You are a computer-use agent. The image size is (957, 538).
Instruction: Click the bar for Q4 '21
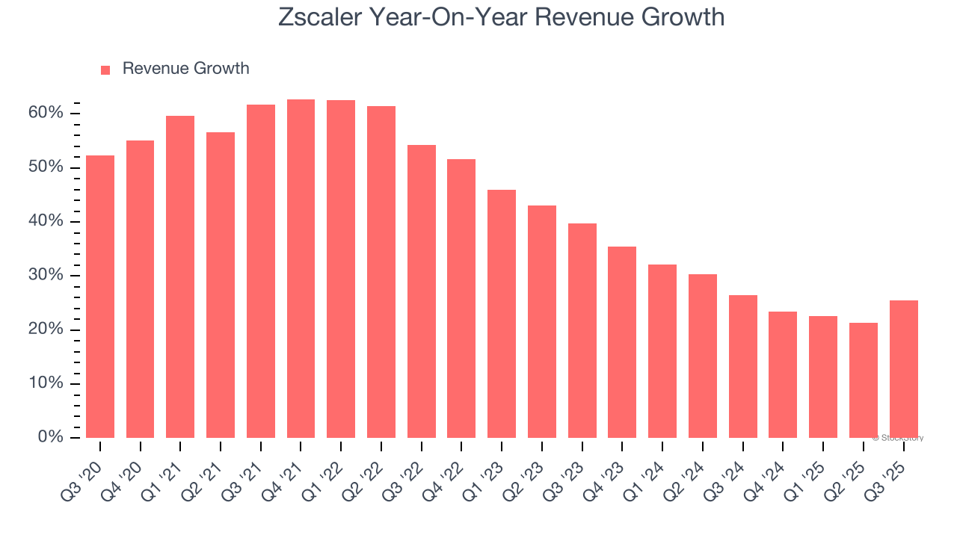301,269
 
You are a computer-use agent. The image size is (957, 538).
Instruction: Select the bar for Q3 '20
100,297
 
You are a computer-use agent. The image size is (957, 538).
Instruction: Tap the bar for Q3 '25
903,369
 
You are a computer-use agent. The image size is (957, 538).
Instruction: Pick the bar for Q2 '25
864,380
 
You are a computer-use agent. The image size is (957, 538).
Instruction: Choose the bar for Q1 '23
502,314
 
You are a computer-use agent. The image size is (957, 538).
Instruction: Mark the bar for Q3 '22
422,291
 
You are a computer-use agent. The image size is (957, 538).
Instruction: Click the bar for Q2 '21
221,285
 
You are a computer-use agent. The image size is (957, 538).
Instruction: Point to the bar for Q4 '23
622,342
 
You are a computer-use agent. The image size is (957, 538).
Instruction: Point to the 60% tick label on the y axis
46,113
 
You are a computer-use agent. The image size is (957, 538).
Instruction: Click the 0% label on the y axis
51,437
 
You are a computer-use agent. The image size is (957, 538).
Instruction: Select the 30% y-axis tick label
46,275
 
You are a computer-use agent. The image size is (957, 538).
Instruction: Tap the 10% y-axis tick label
46,383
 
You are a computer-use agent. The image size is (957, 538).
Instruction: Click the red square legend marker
105,69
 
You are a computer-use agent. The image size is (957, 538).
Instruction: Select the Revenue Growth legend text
185,69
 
